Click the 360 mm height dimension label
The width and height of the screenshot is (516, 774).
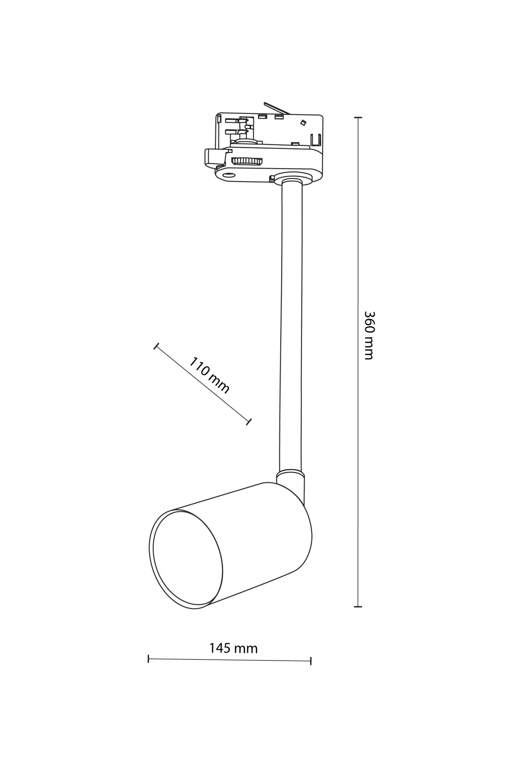coord(369,335)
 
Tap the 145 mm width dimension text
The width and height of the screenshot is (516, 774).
coord(234,648)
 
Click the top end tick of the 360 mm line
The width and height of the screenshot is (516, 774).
coord(358,118)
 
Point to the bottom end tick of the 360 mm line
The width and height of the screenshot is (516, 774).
coord(358,606)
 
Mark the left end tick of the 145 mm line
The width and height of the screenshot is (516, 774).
coord(148,659)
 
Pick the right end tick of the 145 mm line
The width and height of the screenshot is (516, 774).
coord(311,661)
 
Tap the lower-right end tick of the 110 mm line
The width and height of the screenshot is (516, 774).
coord(249,422)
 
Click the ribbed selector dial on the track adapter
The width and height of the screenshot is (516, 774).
coord(247,161)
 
